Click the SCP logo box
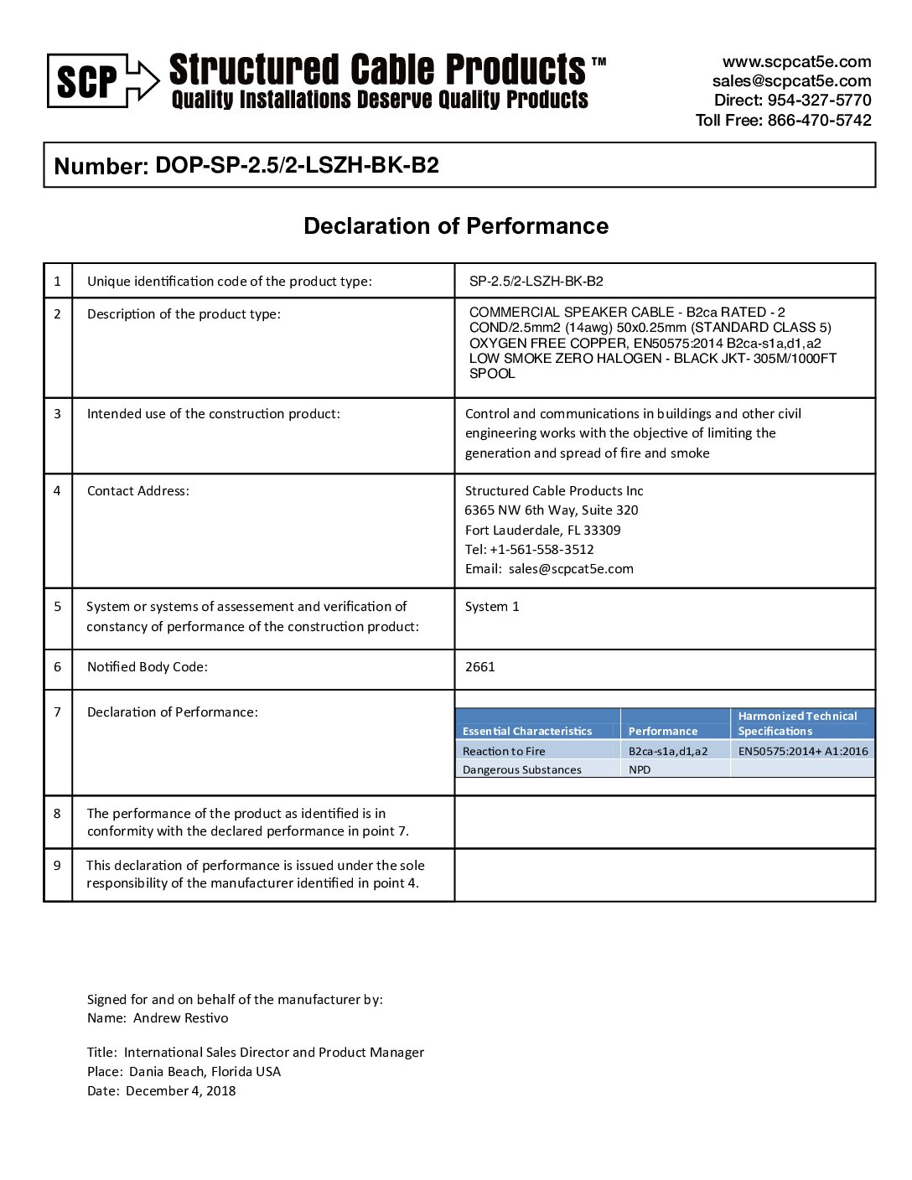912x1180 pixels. [x=87, y=81]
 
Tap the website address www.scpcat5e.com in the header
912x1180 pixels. [x=796, y=62]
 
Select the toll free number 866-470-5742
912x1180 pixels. [x=819, y=120]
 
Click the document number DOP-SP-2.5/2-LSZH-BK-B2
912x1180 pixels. [x=297, y=165]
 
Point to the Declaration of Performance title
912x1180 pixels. [x=456, y=226]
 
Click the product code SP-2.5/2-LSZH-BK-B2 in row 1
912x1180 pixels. [x=536, y=282]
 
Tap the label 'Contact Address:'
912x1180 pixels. [x=138, y=491]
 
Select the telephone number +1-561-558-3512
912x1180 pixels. [x=541, y=550]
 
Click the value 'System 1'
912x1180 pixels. [x=492, y=607]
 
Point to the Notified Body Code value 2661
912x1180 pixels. [x=479, y=667]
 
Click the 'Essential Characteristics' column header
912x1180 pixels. [x=527, y=732]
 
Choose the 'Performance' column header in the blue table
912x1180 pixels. [x=662, y=732]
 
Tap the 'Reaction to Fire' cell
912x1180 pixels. [x=504, y=752]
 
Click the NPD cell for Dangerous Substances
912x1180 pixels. [x=640, y=770]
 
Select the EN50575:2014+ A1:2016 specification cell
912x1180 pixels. [x=802, y=752]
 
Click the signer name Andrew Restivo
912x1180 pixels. [x=180, y=1018]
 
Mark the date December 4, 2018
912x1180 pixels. [x=180, y=1091]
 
